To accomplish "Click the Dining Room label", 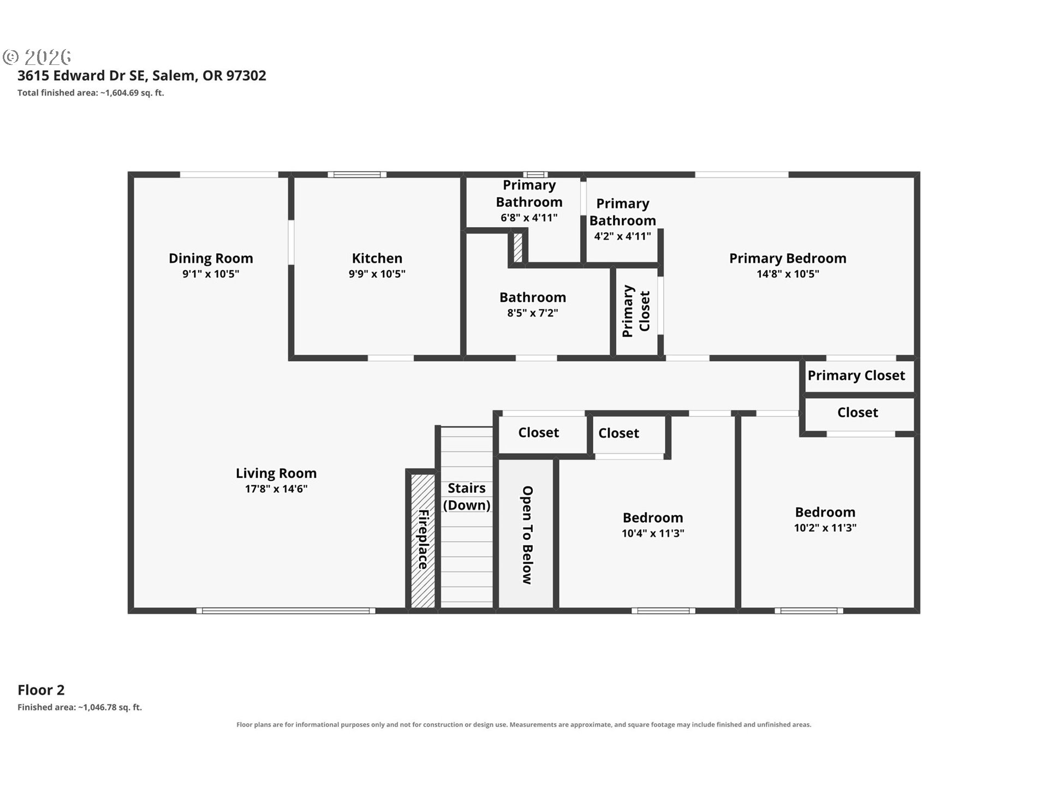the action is pyautogui.click(x=211, y=258).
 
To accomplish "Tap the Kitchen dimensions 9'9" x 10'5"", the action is pyautogui.click(x=377, y=274).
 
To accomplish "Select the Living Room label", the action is pyautogui.click(x=276, y=473).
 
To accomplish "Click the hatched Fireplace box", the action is pyautogui.click(x=422, y=540).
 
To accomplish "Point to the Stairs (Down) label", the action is pyautogui.click(x=467, y=497).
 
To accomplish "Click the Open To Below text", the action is pyautogui.click(x=527, y=535).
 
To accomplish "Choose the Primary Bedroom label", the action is pyautogui.click(x=788, y=258).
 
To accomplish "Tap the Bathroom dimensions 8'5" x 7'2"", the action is pyautogui.click(x=533, y=313).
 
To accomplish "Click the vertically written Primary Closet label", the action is pyautogui.click(x=636, y=311).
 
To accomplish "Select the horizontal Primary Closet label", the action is pyautogui.click(x=856, y=376).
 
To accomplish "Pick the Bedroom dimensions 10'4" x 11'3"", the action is pyautogui.click(x=653, y=533).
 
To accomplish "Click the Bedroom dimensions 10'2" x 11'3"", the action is pyautogui.click(x=825, y=528).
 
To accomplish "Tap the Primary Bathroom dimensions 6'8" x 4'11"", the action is pyautogui.click(x=529, y=218).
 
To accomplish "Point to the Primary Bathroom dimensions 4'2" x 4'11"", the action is pyautogui.click(x=623, y=236).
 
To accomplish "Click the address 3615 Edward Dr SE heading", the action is pyautogui.click(x=142, y=75).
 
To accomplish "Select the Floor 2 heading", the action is pyautogui.click(x=41, y=690).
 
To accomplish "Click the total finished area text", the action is pyautogui.click(x=91, y=93).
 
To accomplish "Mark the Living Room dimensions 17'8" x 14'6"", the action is pyautogui.click(x=276, y=489).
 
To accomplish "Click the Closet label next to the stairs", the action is pyautogui.click(x=539, y=433).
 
